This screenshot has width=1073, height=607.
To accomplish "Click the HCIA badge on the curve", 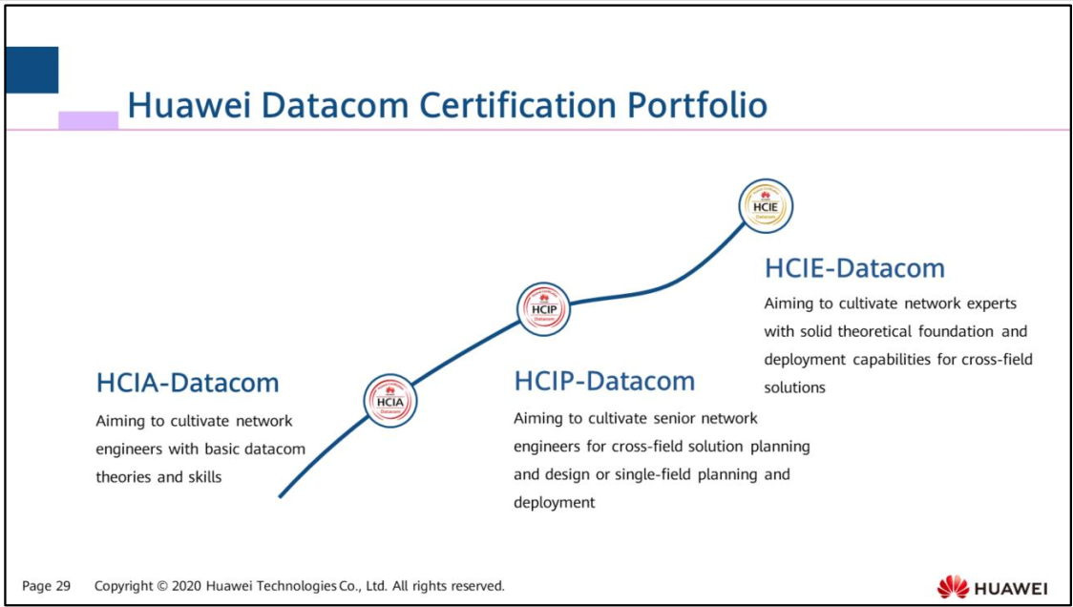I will pyautogui.click(x=390, y=401).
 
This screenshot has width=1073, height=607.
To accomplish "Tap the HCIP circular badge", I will pyautogui.click(x=543, y=309).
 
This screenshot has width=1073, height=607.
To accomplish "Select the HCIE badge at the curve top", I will pyautogui.click(x=766, y=205).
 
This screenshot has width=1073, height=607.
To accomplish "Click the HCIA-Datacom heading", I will pyautogui.click(x=187, y=383).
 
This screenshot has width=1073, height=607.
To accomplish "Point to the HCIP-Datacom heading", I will pyautogui.click(x=604, y=381).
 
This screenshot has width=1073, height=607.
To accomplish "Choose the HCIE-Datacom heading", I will pyautogui.click(x=854, y=268).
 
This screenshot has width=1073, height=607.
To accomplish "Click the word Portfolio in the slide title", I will pyautogui.click(x=697, y=105).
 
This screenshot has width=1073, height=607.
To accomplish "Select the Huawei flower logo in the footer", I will pyautogui.click(x=952, y=586).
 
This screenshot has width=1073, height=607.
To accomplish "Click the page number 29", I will pyautogui.click(x=62, y=586).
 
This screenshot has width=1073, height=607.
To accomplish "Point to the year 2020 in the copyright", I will pyautogui.click(x=186, y=586).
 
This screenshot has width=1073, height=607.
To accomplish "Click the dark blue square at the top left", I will pyautogui.click(x=32, y=70).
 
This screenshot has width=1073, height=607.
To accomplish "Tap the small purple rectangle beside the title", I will pyautogui.click(x=88, y=120).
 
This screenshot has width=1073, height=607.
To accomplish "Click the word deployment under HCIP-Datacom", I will pyautogui.click(x=554, y=502).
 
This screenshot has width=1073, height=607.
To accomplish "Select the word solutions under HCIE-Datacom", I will pyautogui.click(x=794, y=387).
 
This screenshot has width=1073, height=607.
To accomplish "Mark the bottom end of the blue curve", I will pyautogui.click(x=281, y=495).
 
